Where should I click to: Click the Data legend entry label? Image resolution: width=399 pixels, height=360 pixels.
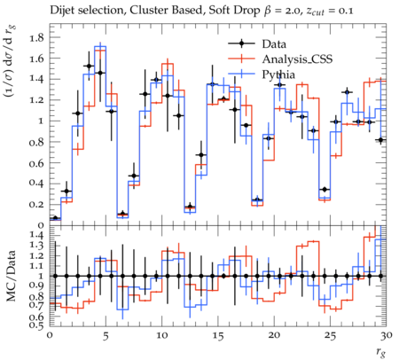[274, 44]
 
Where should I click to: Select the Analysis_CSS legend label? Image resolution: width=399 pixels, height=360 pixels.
[297, 59]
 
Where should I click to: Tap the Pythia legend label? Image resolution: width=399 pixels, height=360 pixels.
[278, 74]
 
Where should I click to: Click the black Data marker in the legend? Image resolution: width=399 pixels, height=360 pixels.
[241, 43]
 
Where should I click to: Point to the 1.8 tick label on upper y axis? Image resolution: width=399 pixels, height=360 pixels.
[36, 37]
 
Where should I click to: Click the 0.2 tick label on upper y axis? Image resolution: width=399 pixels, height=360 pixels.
[36, 205]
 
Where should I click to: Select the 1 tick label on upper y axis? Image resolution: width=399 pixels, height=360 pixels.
[41, 121]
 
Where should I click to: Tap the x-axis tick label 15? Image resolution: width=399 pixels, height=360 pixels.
[218, 335]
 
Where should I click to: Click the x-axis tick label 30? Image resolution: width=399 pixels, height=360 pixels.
[387, 335]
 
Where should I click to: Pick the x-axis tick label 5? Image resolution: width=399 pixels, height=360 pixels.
[106, 335]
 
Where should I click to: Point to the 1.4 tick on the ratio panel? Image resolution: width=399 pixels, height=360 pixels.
[36, 236]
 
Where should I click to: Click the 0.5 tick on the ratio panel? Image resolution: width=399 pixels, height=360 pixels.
[36, 325]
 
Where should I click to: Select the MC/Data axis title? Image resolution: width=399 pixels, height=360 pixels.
[11, 276]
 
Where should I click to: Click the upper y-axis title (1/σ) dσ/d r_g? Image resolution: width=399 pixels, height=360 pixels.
[11, 61]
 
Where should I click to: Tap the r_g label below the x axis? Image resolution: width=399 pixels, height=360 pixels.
[381, 352]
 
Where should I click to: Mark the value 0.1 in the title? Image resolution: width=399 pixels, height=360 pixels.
[345, 11]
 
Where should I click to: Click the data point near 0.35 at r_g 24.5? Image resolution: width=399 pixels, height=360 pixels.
[325, 189]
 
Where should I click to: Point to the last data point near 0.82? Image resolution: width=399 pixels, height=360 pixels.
[381, 140]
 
